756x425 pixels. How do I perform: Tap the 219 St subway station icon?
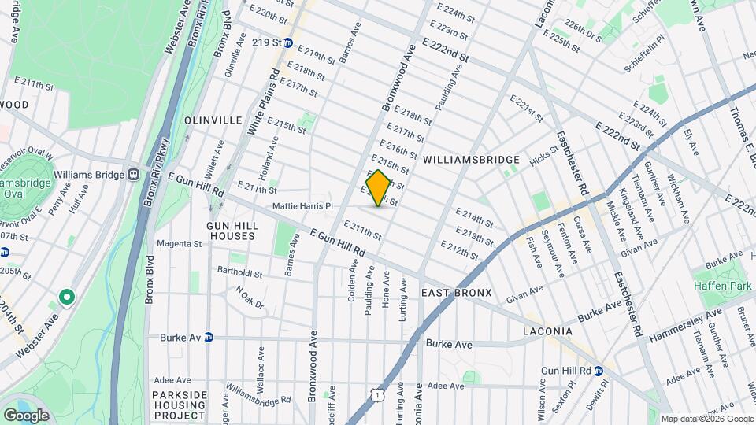coord(289,43)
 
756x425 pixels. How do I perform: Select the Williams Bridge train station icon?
coord(134,175)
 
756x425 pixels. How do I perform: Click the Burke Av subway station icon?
coord(209,338)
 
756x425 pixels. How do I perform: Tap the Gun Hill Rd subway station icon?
coord(598,370)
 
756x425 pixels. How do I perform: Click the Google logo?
coord(26,415)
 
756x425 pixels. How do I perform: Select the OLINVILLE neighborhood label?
coord(213,120)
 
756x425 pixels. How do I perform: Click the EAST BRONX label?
coord(456,293)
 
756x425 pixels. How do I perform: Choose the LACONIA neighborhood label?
coord(552,332)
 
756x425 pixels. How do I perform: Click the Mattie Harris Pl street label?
coord(303,206)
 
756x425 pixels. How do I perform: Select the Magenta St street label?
coord(179,244)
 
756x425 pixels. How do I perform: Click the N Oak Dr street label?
coord(250,297)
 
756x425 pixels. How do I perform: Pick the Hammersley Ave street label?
coord(683,323)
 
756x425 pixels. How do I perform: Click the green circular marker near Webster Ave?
coord(67,297)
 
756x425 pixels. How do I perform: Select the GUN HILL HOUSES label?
coord(232,230)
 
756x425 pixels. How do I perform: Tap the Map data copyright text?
coord(706,419)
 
